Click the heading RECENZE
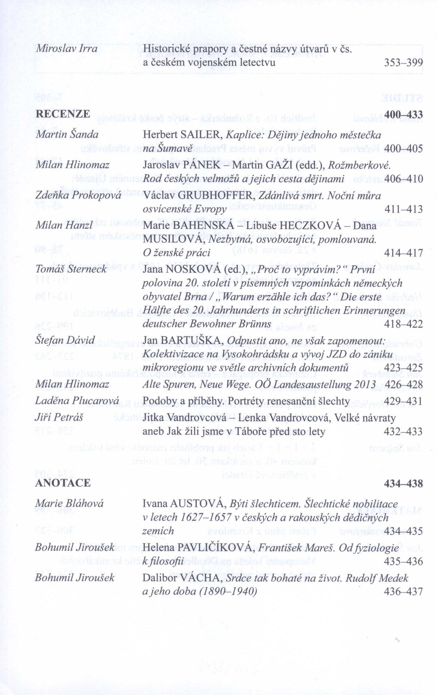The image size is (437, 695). pos(63,114)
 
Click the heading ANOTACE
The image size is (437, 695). pos(63,483)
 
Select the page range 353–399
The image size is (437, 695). pos(403,63)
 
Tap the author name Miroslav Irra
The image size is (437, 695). pos(66,49)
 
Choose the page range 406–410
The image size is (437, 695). pos(403,179)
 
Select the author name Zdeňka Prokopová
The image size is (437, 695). pos(78,196)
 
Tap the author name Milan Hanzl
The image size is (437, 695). pos(64,225)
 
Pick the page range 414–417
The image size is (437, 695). pos(403,253)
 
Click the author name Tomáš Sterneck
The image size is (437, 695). pos(71,269)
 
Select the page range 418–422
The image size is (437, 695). pos(403,324)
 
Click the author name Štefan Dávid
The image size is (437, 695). pos(65,340)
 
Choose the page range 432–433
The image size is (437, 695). pos(403,431)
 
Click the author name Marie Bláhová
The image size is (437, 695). pos(69,503)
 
